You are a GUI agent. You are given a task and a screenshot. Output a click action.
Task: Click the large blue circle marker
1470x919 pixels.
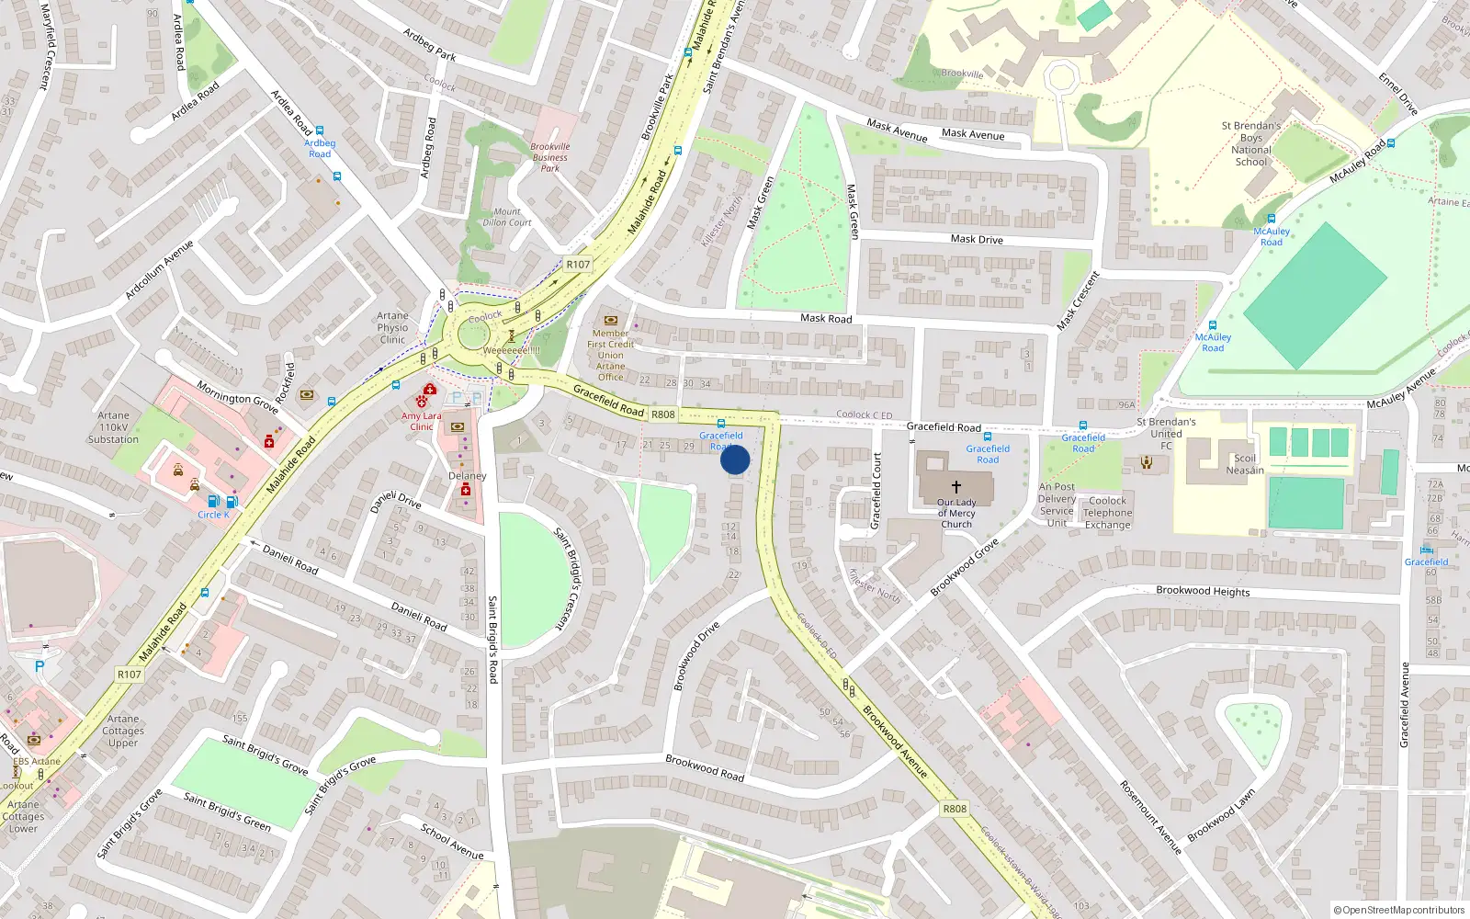735,459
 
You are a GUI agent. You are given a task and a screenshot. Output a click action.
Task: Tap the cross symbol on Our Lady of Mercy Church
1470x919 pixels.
956,486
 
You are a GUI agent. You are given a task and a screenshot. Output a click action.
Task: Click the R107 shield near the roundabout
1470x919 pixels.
578,264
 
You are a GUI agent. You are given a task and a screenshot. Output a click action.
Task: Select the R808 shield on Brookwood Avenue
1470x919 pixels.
955,809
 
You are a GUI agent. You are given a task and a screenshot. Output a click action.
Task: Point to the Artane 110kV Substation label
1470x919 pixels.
113,427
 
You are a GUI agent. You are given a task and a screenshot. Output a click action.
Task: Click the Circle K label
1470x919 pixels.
213,515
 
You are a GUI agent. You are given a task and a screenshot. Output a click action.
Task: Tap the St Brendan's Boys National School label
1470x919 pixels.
1250,143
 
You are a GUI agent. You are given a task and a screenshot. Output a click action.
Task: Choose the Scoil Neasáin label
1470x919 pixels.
1244,464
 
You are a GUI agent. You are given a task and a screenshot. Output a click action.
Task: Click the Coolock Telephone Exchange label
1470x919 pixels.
1107,513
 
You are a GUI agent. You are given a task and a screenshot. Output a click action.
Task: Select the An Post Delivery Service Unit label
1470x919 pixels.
1057,505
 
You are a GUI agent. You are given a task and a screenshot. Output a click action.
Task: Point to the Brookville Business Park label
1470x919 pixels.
549,157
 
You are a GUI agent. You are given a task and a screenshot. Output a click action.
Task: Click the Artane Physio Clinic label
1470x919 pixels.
392,327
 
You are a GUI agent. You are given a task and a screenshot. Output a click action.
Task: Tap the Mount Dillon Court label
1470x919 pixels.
507,217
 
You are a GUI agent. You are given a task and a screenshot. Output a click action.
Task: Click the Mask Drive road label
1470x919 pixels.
977,239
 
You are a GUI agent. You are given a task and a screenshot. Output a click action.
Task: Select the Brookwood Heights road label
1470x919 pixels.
1203,591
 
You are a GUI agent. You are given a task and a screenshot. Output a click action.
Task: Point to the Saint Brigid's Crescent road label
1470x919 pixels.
569,577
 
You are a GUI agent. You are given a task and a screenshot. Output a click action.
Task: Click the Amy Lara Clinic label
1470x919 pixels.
421,421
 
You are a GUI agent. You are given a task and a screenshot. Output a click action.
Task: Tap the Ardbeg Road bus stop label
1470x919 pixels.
320,148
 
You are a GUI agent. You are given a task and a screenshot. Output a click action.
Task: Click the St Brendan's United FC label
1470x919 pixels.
1166,434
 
